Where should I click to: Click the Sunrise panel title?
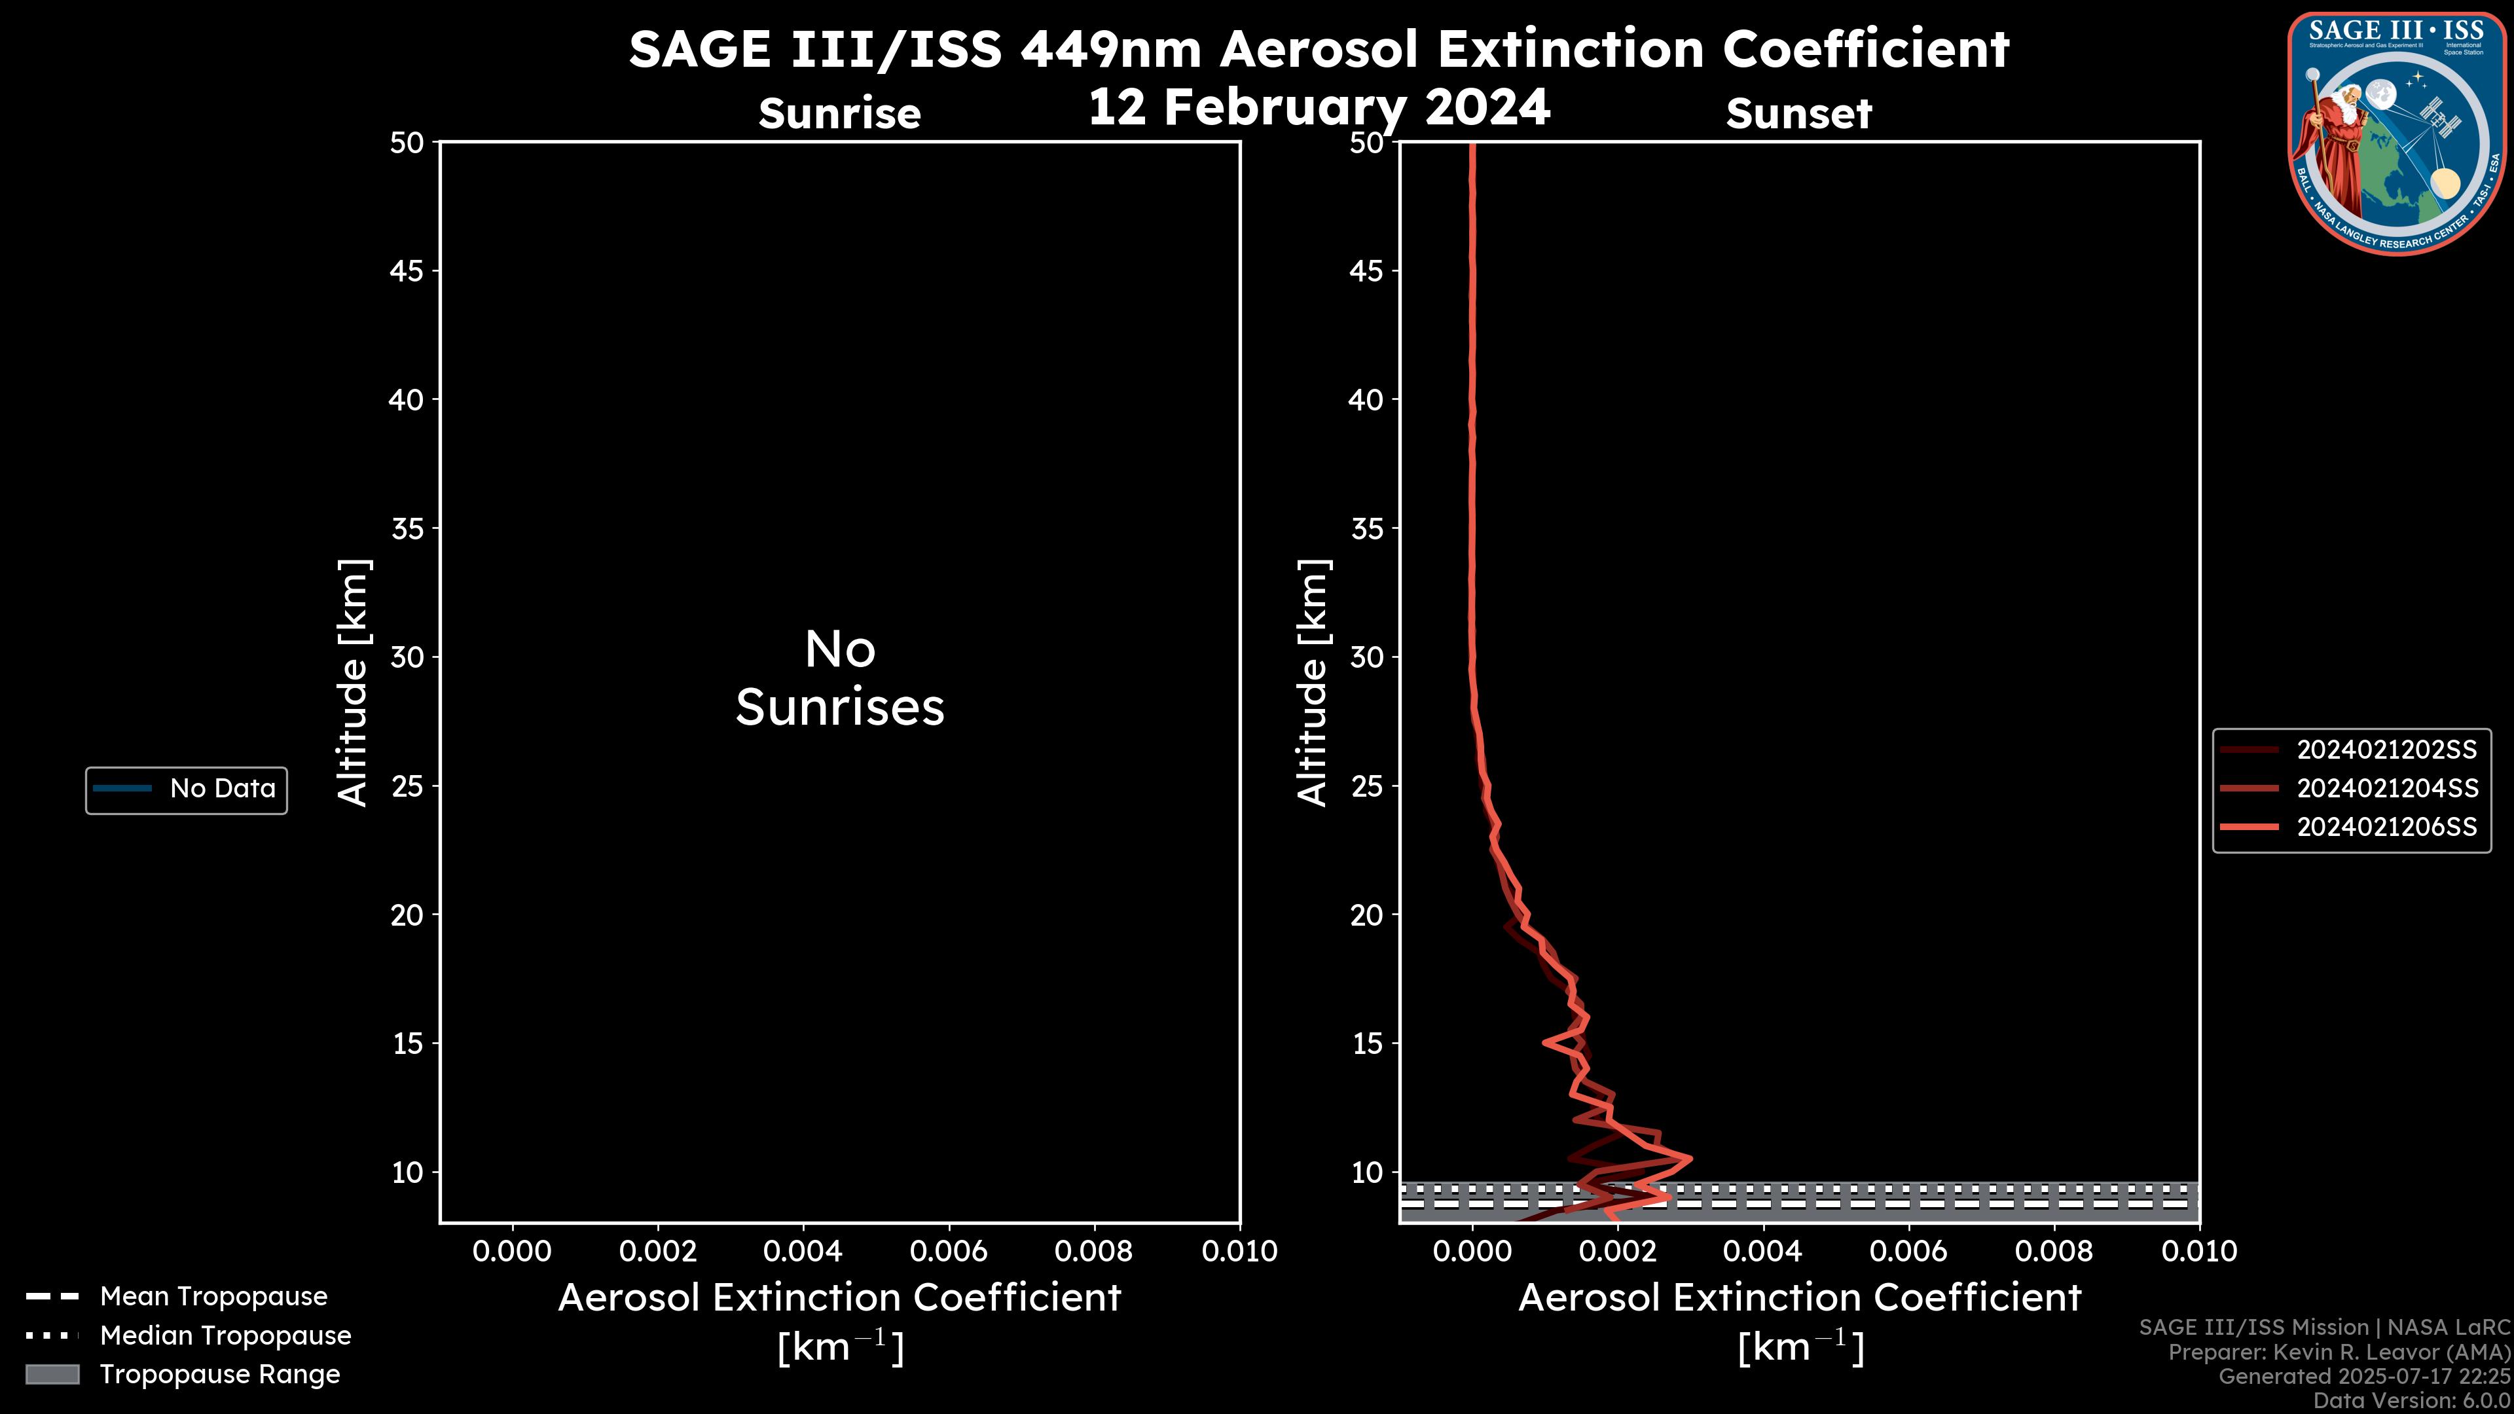coord(839,114)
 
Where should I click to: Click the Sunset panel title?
coord(1798,114)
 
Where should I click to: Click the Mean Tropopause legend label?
coord(213,1296)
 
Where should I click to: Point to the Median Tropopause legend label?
coord(225,1335)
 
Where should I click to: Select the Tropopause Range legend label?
coord(219,1374)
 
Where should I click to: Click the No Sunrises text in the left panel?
coord(839,678)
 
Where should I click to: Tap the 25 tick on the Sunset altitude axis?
coord(1366,786)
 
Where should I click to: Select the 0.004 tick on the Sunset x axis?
coord(1762,1251)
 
